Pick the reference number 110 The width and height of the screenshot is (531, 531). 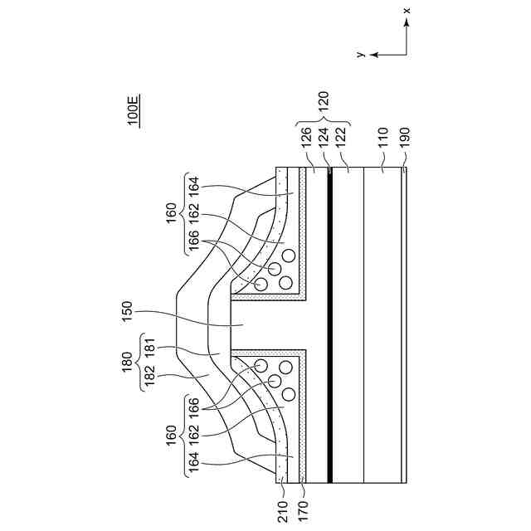point(383,136)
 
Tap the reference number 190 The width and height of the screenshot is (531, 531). point(404,136)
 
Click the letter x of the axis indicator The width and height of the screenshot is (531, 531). point(407,12)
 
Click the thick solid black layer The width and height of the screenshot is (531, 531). point(329,324)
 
